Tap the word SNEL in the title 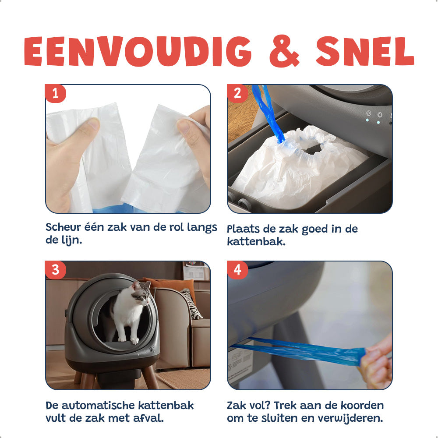[365, 51]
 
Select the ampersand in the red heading [284, 51]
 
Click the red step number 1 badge [55, 93]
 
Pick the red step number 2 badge [237, 93]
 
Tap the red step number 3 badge [55, 270]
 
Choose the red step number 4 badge [237, 270]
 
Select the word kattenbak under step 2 [256, 242]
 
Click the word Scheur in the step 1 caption [64, 227]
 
